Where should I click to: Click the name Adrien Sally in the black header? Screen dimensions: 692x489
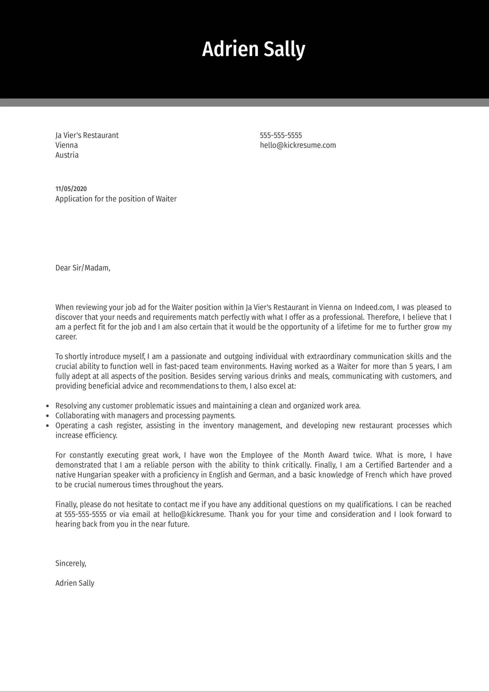[x=253, y=49]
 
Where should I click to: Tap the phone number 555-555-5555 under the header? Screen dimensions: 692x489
[x=281, y=135]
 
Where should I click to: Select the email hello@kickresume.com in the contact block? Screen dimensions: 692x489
[x=298, y=145]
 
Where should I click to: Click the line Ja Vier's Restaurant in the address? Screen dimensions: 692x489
[x=87, y=135]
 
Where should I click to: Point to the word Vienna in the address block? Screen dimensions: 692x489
[x=67, y=145]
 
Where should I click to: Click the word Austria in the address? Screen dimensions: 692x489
[x=67, y=155]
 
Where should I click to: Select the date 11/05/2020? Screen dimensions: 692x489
[x=71, y=189]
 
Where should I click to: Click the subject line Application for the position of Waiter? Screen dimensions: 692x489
[x=116, y=199]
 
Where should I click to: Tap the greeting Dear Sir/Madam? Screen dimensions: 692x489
[x=83, y=268]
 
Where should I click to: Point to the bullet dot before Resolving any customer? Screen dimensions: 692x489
[x=47, y=406]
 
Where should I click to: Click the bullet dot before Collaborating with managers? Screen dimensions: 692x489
[x=47, y=416]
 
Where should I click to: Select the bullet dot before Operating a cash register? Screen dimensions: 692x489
[x=47, y=426]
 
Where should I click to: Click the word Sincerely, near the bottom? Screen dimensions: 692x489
[x=71, y=563]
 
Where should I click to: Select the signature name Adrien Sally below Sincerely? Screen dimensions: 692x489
[x=75, y=583]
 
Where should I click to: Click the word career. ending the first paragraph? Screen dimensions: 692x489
[x=66, y=337]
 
